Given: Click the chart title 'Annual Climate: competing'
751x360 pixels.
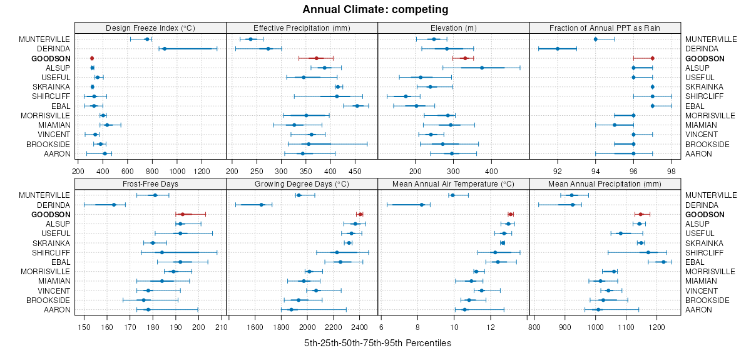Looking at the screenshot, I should tap(375, 9).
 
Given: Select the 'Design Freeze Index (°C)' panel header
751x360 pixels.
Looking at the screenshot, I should tap(150, 28).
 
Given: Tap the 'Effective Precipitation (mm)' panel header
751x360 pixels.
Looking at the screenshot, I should tap(302, 28).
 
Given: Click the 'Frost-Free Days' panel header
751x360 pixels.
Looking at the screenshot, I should tap(150, 184).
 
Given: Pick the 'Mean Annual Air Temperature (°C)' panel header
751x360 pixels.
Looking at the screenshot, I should tap(454, 184).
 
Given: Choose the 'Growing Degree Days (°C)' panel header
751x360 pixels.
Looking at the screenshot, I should tap(302, 184).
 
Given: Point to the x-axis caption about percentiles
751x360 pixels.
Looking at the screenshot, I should tap(377, 343).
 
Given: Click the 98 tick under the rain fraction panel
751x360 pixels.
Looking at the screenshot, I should tap(672, 170).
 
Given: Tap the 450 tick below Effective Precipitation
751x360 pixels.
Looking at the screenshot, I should tap(355, 170).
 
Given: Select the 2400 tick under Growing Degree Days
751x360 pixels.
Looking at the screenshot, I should tap(360, 326).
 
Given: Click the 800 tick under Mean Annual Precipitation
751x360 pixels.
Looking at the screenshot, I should tap(534, 326).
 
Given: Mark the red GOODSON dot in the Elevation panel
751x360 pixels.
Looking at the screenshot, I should tap(465, 58).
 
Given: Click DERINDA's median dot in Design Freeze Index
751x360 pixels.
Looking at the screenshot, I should tap(165, 49).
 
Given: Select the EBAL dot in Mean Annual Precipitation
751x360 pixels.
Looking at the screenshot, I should tap(663, 262).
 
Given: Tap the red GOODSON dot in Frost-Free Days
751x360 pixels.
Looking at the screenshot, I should tap(182, 214).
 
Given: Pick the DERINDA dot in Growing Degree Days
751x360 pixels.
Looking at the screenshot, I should tap(261, 205).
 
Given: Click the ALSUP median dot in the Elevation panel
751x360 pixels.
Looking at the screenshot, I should tap(482, 68).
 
